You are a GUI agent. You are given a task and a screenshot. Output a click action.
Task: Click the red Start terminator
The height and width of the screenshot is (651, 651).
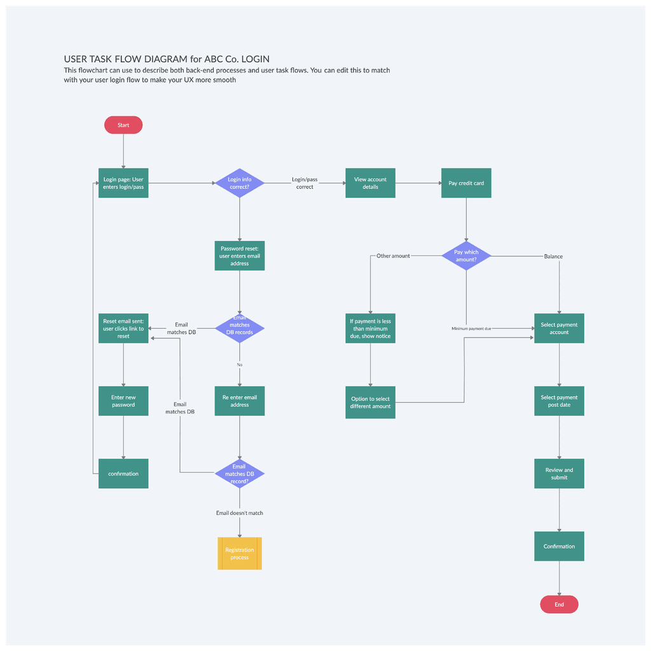(x=123, y=125)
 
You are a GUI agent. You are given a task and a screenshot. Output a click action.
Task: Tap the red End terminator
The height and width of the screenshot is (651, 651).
(x=559, y=604)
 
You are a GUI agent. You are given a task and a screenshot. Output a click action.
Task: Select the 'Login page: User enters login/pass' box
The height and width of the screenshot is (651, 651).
(x=123, y=183)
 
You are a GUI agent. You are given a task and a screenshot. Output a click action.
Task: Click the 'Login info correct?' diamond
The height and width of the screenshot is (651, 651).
(x=240, y=183)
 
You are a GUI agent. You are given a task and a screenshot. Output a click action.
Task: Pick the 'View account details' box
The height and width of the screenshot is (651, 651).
(x=370, y=183)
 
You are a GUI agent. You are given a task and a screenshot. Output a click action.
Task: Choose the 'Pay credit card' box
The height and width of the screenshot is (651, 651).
(x=466, y=183)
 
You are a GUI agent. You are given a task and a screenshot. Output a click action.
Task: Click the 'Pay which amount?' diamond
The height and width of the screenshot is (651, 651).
(x=466, y=256)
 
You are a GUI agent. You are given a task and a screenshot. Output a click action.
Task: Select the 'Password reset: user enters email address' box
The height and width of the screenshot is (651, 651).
(x=240, y=256)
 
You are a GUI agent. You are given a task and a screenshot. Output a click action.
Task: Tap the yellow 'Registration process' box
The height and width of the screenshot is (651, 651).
(x=240, y=554)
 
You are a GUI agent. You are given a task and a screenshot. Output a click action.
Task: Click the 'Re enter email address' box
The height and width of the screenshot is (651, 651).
(x=240, y=401)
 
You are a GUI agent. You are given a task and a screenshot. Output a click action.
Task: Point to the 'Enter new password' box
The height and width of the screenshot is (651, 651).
(x=123, y=401)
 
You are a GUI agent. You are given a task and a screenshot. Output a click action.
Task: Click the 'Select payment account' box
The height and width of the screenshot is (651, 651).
(x=559, y=328)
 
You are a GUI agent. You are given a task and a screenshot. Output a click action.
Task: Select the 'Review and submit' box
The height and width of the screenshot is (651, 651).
(x=559, y=474)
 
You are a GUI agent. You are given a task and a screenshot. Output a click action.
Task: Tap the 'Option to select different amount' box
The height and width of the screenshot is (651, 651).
(x=370, y=403)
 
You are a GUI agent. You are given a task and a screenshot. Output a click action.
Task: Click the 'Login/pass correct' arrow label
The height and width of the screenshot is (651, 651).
(x=305, y=183)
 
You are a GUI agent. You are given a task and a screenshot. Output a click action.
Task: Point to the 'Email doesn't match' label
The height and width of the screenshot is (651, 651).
(x=240, y=512)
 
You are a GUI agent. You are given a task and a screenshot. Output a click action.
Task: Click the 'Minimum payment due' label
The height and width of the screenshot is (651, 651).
(x=471, y=329)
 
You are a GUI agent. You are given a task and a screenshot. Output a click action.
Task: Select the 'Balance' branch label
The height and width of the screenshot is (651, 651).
(x=553, y=256)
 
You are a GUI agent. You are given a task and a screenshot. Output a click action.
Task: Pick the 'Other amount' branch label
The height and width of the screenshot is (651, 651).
(x=393, y=256)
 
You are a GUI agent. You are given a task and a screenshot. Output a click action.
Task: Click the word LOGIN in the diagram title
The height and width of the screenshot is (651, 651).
(x=261, y=58)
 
